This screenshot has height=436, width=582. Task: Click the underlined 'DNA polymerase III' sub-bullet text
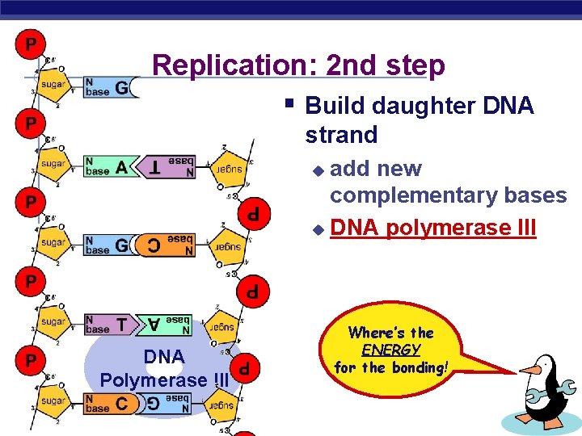pos(432,228)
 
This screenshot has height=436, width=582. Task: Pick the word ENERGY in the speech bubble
pos(390,350)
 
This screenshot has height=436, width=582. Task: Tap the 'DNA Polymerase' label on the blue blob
pos(164,367)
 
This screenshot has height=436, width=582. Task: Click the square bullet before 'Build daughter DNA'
pos(289,103)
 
